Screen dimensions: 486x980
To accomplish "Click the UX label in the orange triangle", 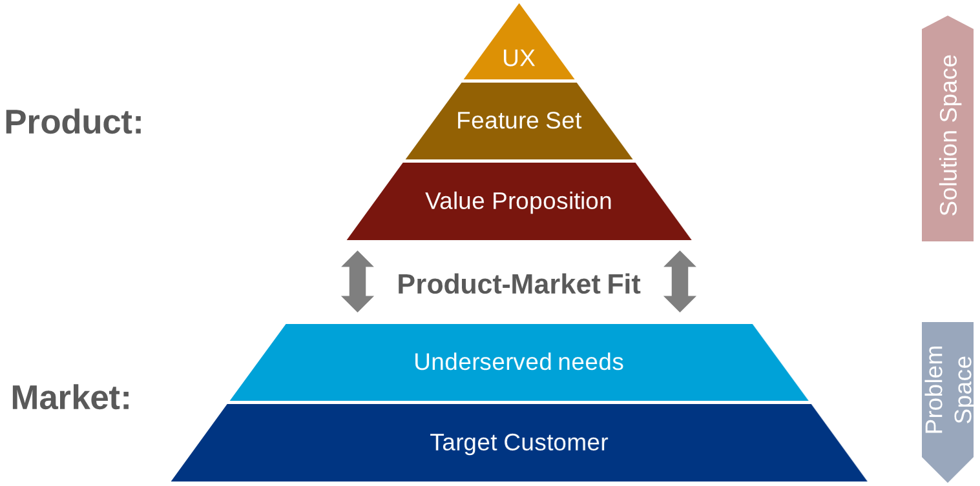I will [x=519, y=58].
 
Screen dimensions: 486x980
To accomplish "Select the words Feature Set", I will [x=519, y=121].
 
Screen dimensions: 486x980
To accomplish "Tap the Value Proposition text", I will [x=518, y=201].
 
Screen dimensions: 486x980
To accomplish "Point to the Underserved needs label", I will [x=518, y=362].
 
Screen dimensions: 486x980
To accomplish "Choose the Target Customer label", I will [x=519, y=443].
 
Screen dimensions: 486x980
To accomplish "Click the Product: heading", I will [x=74, y=122].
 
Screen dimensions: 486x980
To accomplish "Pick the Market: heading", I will [x=71, y=397].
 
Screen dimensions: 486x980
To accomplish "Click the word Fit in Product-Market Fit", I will [x=623, y=285].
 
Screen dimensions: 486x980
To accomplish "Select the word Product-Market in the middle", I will [x=499, y=285].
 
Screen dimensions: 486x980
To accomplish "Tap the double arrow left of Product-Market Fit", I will [x=357, y=281].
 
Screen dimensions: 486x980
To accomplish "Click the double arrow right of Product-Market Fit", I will [x=680, y=281].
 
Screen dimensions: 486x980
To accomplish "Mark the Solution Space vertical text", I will [x=948, y=136].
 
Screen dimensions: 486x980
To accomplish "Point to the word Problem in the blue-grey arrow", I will [x=934, y=390].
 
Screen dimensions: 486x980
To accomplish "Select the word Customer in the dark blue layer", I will [x=556, y=443].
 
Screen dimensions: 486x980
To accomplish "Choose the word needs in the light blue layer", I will [x=590, y=362].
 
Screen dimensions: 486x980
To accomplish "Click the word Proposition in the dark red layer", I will [x=552, y=201].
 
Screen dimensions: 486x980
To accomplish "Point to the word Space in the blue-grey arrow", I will [x=963, y=390].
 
